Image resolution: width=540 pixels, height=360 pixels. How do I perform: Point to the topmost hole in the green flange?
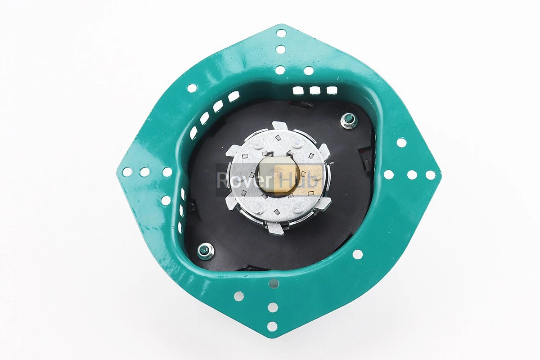[281, 33]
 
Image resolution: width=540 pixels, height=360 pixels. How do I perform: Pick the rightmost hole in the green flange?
[431, 175]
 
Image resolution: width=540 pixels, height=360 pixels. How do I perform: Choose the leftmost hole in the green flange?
[127, 172]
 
